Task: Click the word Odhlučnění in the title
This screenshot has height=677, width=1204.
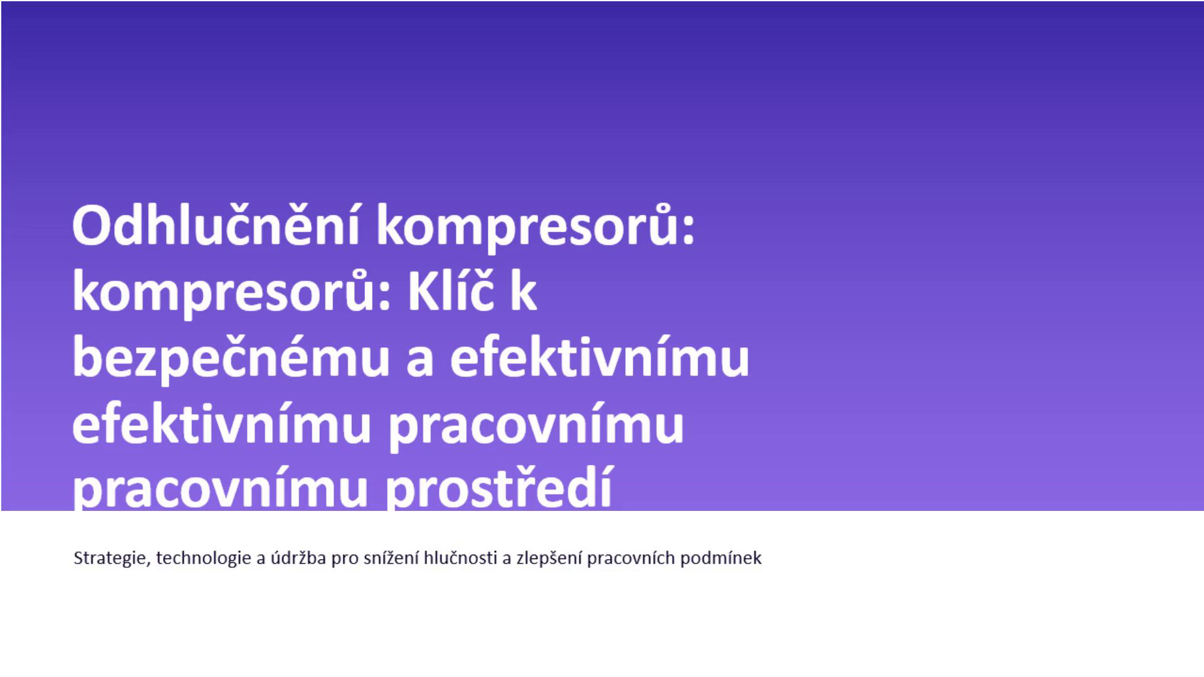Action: coord(216,226)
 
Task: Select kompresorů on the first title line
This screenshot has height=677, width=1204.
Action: coord(536,229)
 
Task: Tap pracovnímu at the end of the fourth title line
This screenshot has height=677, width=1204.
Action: coord(536,426)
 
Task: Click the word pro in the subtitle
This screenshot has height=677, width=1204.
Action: coord(345,560)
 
